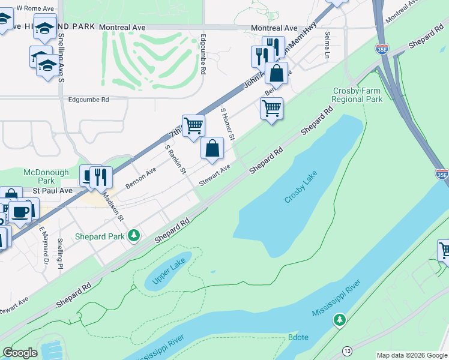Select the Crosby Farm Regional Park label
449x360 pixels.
tap(358, 95)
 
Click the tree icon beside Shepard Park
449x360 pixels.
tap(136, 236)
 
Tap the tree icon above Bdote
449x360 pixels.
tap(339, 320)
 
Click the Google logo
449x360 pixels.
tap(20, 353)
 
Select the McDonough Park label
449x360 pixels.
tap(46, 176)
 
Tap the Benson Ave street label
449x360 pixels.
tap(141, 178)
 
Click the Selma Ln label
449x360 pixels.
tap(328, 46)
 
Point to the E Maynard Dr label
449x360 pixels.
tap(43, 245)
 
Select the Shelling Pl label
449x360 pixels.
tap(60, 253)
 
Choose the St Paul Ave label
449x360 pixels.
tap(52, 190)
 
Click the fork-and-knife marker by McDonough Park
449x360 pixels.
tap(100, 176)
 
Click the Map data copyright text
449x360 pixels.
tap(411, 355)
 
